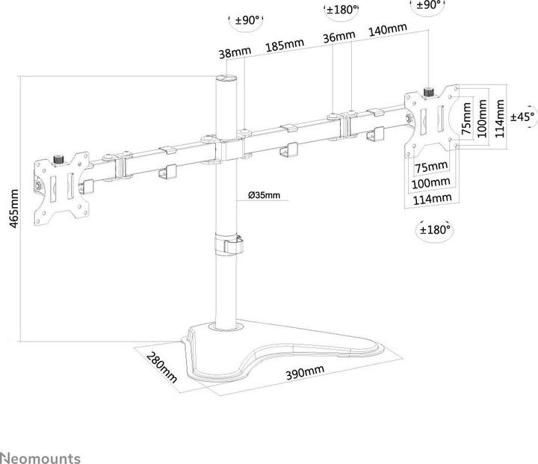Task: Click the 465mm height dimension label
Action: click(x=13, y=208)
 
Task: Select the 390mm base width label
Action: click(x=305, y=372)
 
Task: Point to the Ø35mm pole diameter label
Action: click(x=265, y=195)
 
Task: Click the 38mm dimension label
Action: click(x=235, y=52)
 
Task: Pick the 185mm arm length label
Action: click(x=285, y=45)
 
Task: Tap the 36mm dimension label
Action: click(x=339, y=36)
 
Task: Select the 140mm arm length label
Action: click(x=388, y=29)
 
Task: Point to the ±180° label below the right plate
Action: click(x=435, y=229)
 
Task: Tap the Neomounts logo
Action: click(x=40, y=457)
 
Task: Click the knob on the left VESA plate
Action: click(x=59, y=160)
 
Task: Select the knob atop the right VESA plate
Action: click(x=429, y=92)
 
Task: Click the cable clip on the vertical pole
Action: click(x=229, y=244)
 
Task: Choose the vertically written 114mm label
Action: click(x=500, y=118)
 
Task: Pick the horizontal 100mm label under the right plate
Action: click(x=430, y=183)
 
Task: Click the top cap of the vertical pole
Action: click(x=226, y=78)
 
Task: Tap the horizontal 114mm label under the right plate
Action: click(x=432, y=199)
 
